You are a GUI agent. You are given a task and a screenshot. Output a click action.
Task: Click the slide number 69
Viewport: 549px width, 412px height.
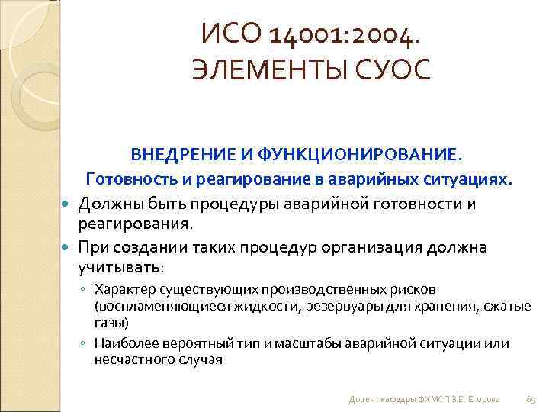(531, 399)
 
